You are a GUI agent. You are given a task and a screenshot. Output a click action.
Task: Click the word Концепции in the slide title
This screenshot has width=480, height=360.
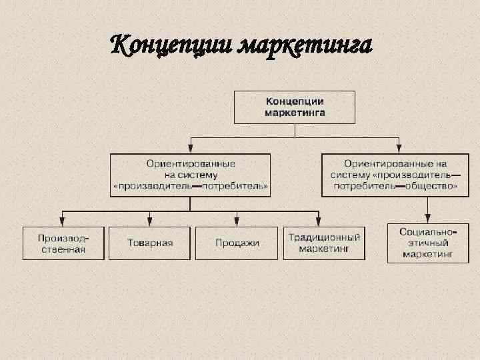(171, 47)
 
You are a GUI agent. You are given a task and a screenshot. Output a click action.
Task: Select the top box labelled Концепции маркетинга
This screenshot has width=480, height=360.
(294, 107)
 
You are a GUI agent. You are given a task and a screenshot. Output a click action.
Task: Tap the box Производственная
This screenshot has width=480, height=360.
(63, 243)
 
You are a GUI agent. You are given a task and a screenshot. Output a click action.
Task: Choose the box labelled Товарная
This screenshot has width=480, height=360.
(149, 243)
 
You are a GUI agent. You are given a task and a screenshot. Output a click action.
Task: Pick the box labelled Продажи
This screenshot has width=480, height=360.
(237, 243)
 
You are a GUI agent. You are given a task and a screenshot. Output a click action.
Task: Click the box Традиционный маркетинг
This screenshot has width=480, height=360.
(325, 243)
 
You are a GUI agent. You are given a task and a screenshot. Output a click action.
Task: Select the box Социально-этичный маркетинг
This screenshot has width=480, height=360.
(427, 243)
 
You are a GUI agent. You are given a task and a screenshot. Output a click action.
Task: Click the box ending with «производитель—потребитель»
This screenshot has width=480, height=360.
(191, 175)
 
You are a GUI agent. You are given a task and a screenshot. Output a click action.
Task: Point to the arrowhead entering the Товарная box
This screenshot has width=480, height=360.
(149, 222)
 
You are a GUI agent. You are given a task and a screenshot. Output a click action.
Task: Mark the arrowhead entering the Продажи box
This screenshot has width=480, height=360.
(237, 222)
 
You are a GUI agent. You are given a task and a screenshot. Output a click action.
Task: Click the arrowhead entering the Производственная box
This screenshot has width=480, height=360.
(63, 222)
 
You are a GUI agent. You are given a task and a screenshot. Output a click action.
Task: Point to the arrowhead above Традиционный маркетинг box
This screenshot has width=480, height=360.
(319, 222)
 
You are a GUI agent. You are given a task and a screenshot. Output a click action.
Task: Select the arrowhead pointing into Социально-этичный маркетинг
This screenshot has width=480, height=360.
(427, 219)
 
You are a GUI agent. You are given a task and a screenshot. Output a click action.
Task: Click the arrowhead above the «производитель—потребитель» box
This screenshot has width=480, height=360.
(191, 149)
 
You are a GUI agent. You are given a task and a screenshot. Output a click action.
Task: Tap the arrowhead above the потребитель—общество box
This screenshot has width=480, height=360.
(399, 149)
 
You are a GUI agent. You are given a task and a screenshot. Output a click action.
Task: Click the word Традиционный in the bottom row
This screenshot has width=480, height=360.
(325, 237)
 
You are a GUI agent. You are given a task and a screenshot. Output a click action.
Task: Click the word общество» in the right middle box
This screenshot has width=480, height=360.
(433, 187)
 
